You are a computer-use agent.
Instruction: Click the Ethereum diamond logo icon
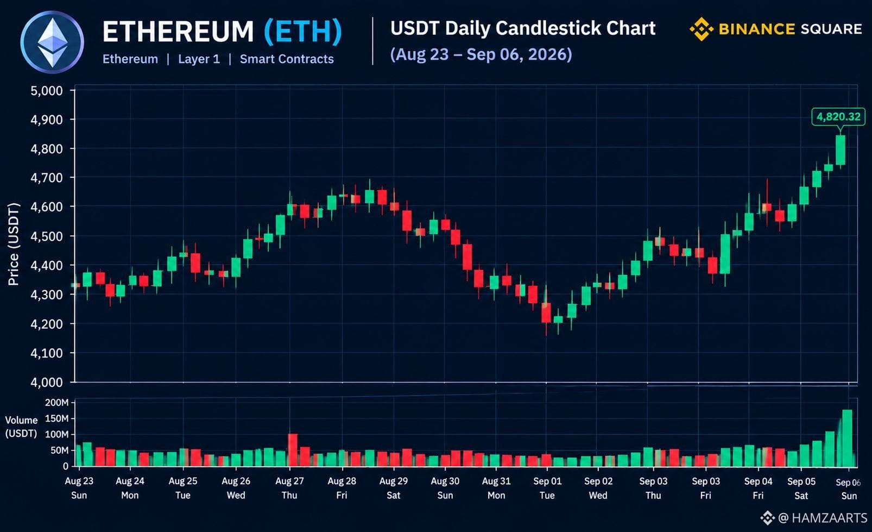click(x=52, y=42)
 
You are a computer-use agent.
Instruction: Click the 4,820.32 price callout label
click(x=838, y=116)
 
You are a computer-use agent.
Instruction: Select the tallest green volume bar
click(x=847, y=438)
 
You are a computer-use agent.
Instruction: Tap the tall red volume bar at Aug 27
click(x=292, y=450)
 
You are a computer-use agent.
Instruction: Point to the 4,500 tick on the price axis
click(x=46, y=236)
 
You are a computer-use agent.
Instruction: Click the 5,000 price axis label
click(x=46, y=91)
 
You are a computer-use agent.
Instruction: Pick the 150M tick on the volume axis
click(x=56, y=418)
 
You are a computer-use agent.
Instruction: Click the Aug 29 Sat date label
click(x=394, y=488)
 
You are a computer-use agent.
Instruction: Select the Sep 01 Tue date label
click(x=547, y=488)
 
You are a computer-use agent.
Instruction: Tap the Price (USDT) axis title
click(x=14, y=245)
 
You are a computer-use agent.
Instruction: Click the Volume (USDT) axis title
click(x=21, y=427)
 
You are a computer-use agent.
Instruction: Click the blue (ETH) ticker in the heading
click(x=303, y=31)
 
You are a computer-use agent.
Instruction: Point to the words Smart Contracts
click(x=287, y=59)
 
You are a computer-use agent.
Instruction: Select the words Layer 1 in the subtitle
click(x=199, y=59)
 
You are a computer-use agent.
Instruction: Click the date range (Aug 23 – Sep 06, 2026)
click(x=481, y=54)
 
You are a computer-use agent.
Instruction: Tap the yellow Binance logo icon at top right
click(x=702, y=29)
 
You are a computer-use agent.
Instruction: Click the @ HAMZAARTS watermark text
click(x=823, y=517)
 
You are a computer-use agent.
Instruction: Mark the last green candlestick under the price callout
click(x=840, y=151)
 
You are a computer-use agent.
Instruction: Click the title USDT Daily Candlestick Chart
click(x=523, y=28)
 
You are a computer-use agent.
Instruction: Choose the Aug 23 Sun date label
click(x=79, y=488)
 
